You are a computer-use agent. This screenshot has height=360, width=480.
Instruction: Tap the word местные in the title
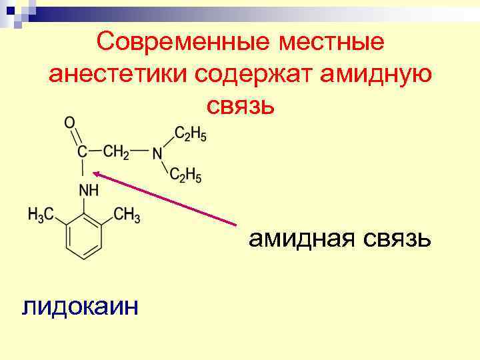(331, 42)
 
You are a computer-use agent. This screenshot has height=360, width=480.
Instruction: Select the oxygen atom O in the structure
(69, 123)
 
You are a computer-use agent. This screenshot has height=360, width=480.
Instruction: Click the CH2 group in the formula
(115, 152)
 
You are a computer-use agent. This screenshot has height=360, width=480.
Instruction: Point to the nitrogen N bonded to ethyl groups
(157, 153)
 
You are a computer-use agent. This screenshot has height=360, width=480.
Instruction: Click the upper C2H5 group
(190, 134)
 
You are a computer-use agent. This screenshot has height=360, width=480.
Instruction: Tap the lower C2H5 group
(185, 175)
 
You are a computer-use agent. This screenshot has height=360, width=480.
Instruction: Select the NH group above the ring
(89, 191)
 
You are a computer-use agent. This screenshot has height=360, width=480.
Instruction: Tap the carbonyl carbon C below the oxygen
(82, 153)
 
